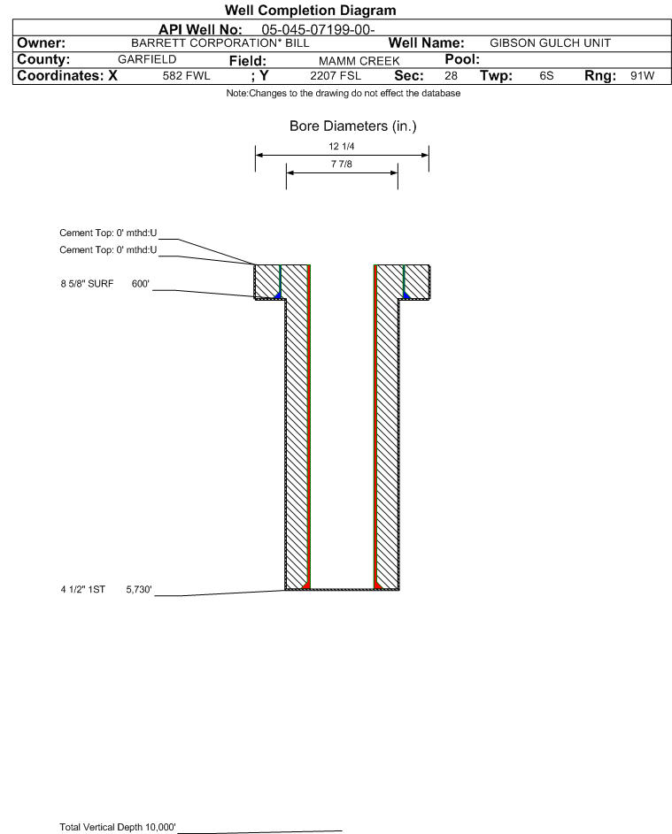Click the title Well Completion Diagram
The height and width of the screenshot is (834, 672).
(310, 11)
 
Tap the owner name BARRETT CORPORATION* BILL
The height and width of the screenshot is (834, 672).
(220, 43)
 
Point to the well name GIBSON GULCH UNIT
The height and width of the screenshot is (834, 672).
(550, 43)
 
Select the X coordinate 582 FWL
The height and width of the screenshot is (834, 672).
(186, 76)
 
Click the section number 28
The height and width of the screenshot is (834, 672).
(451, 76)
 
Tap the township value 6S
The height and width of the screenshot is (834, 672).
(546, 76)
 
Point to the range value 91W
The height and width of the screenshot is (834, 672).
(642, 76)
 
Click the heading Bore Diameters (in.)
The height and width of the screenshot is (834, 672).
(352, 126)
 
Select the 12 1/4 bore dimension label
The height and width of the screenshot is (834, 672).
(342, 146)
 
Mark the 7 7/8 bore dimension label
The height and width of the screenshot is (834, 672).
(342, 165)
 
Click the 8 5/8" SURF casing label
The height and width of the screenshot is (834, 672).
(87, 285)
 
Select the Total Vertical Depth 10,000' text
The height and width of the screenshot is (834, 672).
(118, 827)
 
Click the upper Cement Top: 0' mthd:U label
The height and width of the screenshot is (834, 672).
(108, 233)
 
